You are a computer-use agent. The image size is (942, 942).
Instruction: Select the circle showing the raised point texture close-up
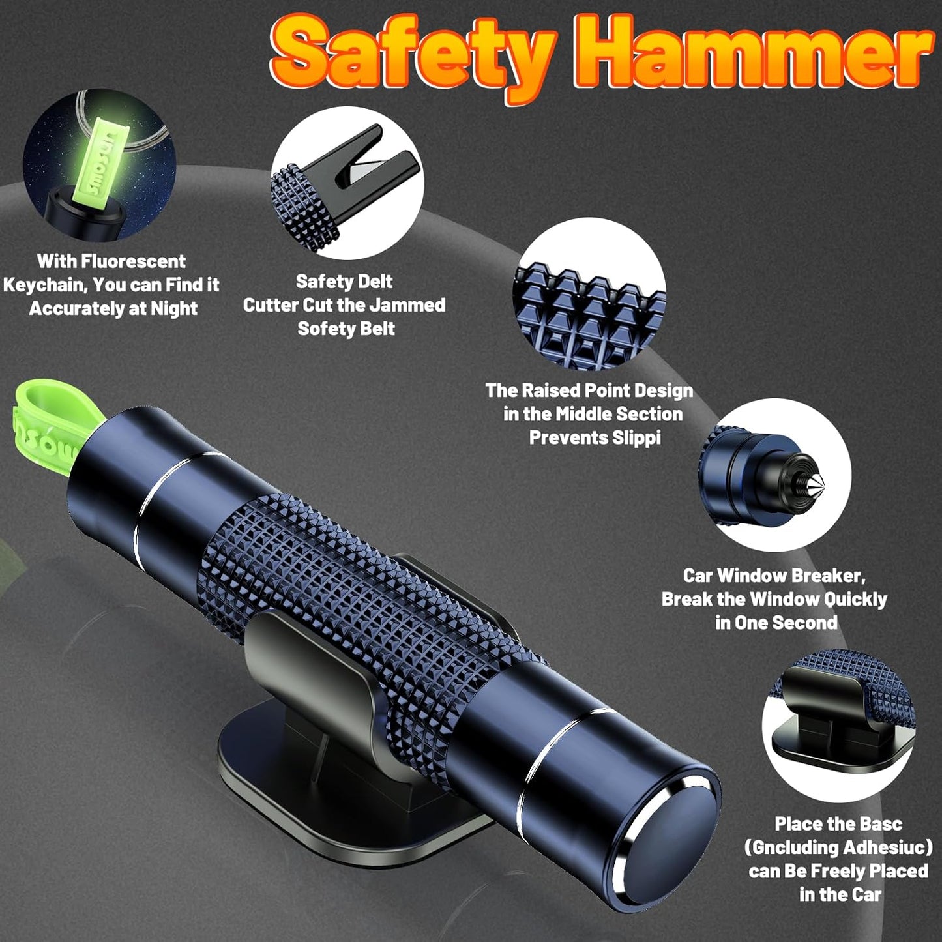(x=590, y=293)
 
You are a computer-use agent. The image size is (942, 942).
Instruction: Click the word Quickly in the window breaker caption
(x=855, y=599)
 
